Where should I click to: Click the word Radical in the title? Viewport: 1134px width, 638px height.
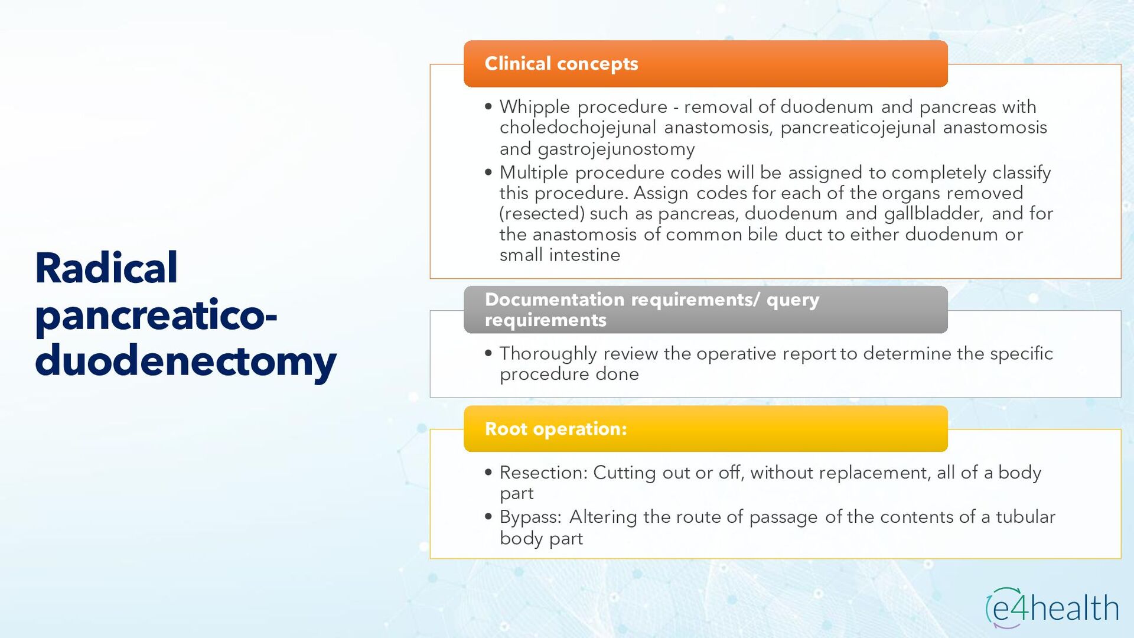(x=106, y=268)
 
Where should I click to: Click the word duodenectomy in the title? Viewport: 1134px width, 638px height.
(x=185, y=362)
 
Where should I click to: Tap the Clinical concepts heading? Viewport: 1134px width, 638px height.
(x=561, y=63)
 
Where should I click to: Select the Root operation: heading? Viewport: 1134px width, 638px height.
(x=556, y=428)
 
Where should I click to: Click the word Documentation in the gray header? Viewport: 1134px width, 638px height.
(x=555, y=300)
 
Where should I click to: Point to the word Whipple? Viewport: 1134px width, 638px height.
(x=535, y=108)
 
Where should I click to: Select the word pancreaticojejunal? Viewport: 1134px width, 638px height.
(x=858, y=128)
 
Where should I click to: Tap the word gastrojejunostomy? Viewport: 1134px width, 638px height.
(x=616, y=149)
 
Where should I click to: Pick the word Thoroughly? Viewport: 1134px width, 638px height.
(x=548, y=354)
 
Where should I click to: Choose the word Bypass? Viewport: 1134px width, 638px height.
(x=530, y=517)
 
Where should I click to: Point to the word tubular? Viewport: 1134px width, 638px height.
(x=1025, y=517)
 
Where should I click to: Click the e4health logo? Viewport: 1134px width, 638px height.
(x=1052, y=608)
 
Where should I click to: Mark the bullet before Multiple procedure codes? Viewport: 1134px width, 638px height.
(x=488, y=172)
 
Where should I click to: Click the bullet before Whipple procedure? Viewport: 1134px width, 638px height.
(x=488, y=107)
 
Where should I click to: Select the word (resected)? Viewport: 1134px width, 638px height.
(x=542, y=214)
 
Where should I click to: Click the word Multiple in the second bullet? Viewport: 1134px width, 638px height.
(x=534, y=173)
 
